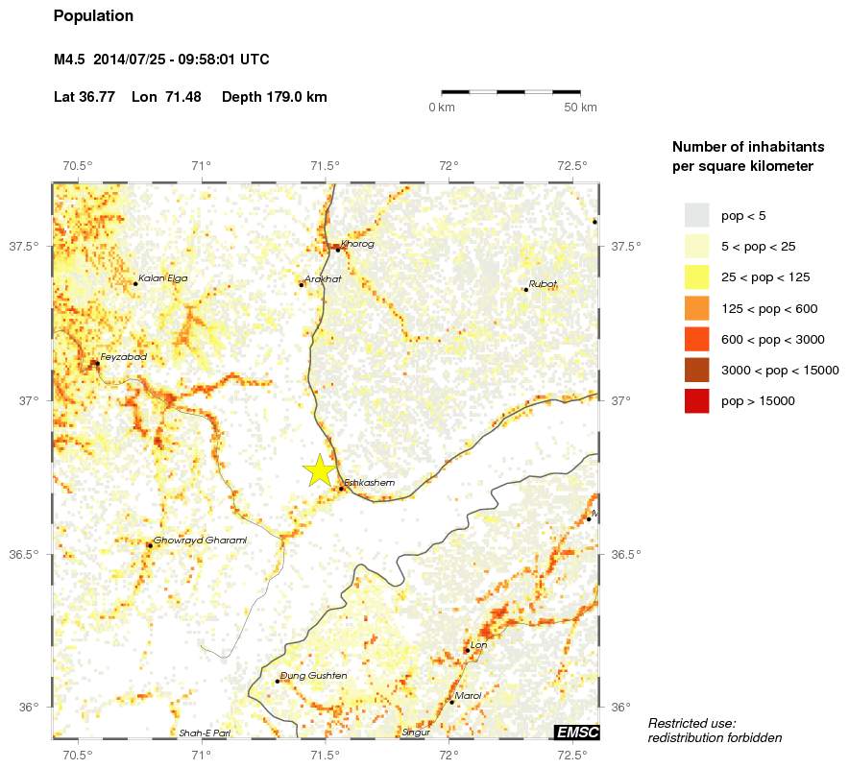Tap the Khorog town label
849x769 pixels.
tap(357, 244)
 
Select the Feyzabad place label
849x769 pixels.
tap(123, 357)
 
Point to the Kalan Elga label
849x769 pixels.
tap(163, 278)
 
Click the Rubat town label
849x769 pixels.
tap(543, 283)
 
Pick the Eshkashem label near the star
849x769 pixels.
tap(369, 482)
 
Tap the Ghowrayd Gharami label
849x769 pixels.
tap(200, 540)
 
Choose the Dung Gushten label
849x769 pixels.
tap(313, 676)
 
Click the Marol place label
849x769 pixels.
tap(468, 696)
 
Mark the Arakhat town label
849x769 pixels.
tap(323, 278)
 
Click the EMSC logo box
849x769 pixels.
tap(577, 733)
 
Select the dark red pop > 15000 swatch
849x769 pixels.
tap(696, 401)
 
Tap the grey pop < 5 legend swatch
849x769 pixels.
tap(696, 215)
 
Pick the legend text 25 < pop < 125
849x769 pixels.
tap(765, 277)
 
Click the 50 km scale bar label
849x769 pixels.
tap(580, 107)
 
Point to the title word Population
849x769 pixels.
tap(93, 16)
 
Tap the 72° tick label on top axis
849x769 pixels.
tap(449, 165)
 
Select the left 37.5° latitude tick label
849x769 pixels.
tap(23, 247)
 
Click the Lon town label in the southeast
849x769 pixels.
tap(479, 645)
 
